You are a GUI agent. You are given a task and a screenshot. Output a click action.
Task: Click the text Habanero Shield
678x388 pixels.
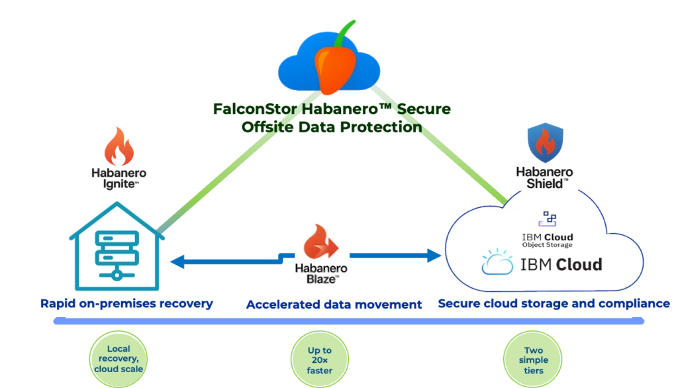pyautogui.click(x=544, y=177)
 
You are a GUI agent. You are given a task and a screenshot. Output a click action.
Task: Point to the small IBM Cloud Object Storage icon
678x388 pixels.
pyautogui.click(x=549, y=219)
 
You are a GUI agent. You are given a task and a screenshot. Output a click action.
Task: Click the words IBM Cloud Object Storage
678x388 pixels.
pyautogui.click(x=548, y=240)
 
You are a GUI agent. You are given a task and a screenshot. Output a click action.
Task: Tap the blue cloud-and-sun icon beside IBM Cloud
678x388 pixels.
pyautogui.click(x=497, y=264)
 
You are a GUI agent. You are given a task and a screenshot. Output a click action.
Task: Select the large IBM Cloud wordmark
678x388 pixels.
pyautogui.click(x=561, y=265)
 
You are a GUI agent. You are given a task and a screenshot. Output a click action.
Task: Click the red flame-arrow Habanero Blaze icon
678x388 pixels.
pyautogui.click(x=321, y=243)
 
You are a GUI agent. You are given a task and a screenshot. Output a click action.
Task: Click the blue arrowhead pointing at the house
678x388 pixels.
pyautogui.click(x=175, y=262)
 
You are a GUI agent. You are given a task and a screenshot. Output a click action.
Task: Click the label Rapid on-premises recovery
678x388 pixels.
pyautogui.click(x=126, y=304)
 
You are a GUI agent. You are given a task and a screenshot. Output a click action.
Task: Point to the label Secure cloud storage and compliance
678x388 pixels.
pyautogui.click(x=553, y=304)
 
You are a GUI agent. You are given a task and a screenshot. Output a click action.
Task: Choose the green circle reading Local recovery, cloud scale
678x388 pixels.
pyautogui.click(x=118, y=359)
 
